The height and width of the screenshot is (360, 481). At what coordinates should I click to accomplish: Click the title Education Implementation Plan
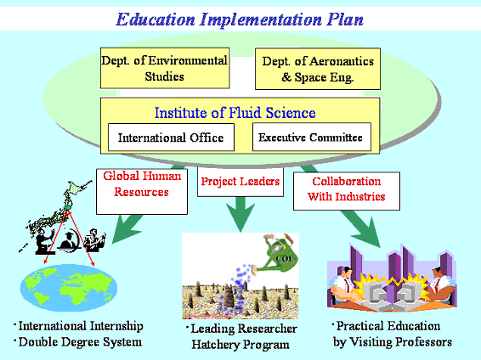(240, 20)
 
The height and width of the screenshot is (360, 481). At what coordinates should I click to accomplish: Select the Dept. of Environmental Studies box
(165, 68)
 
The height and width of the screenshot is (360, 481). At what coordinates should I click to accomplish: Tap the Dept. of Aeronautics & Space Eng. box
(318, 69)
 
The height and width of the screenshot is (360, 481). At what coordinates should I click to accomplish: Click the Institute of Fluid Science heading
(235, 113)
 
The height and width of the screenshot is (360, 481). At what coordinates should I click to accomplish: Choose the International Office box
(171, 138)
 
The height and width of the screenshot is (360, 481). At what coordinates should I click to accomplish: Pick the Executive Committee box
(312, 137)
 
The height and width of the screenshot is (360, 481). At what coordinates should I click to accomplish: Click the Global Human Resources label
(142, 184)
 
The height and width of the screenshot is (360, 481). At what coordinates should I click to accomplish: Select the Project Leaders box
(240, 182)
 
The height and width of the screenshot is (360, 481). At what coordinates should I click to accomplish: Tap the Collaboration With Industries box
(347, 191)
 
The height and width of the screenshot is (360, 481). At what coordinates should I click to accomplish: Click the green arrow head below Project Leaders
(240, 215)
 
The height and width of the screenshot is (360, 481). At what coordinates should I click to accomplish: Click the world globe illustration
(69, 288)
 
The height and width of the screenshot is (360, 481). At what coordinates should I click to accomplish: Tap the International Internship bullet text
(78, 326)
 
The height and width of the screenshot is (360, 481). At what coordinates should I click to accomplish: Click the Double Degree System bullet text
(78, 342)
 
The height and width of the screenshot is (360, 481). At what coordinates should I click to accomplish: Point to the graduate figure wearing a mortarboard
(70, 240)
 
